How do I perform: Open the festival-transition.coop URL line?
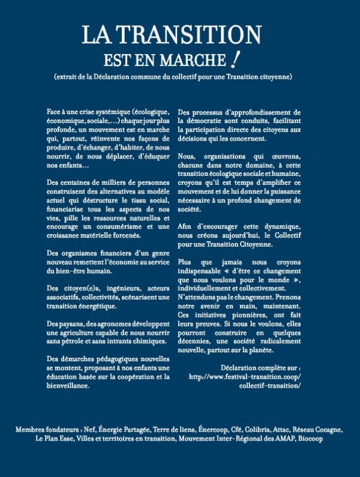tap(244, 377)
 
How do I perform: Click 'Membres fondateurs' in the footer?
tap(48, 430)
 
